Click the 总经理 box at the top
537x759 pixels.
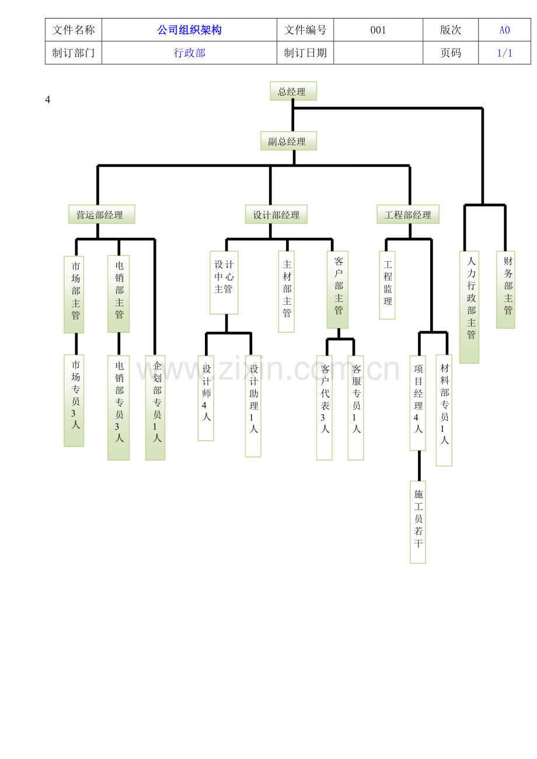coord(293,91)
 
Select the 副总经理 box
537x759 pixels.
coord(288,140)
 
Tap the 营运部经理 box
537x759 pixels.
coord(102,214)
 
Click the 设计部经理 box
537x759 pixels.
coord(276,214)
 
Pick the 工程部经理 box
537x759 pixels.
coord(408,214)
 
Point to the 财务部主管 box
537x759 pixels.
coord(505,290)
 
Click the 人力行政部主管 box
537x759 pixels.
coord(469,307)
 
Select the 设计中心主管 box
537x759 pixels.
coord(224,283)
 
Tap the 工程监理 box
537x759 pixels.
coord(387,285)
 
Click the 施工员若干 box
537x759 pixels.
coord(417,522)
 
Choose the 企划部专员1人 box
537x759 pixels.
coord(155,407)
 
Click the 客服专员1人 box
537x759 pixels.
coord(356,407)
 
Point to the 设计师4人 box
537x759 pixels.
coord(206,398)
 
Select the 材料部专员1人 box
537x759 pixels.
coord(444,410)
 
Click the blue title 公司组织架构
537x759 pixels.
coord(189,30)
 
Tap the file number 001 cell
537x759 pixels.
coord(378,30)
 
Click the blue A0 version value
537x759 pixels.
coord(504,30)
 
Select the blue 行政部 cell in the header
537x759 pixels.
coord(189,53)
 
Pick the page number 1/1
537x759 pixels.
coord(504,53)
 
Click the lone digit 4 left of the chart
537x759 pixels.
coord(47,99)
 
